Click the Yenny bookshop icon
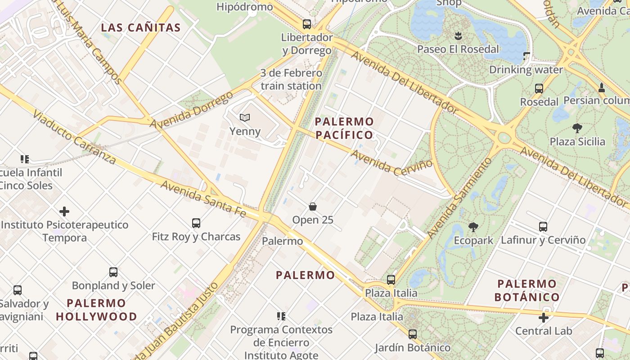tap(244, 118)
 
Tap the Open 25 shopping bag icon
tap(313, 207)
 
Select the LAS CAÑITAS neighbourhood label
tap(140, 27)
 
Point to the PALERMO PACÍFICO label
tap(344, 128)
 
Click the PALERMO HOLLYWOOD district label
tap(96, 310)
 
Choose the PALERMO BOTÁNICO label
tap(527, 290)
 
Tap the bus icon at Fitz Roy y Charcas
tap(196, 223)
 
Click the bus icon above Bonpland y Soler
tap(113, 272)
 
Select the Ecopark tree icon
tap(473, 227)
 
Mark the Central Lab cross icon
tap(544, 318)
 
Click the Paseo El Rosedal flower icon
tap(458, 36)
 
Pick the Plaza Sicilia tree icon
tap(577, 128)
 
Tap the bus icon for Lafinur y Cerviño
tap(543, 227)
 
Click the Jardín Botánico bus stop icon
tap(412, 334)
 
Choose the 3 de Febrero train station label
tap(291, 79)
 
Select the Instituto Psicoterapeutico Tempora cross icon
tap(64, 211)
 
